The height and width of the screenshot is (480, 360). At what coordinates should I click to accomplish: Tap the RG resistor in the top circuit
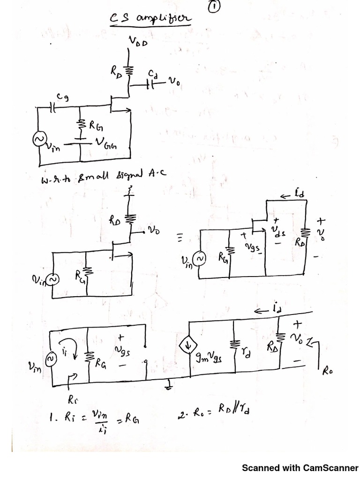[x=80, y=124]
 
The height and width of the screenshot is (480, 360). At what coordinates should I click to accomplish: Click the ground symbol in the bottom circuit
[x=168, y=385]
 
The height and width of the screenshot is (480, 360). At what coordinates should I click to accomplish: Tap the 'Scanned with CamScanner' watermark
[x=300, y=468]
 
